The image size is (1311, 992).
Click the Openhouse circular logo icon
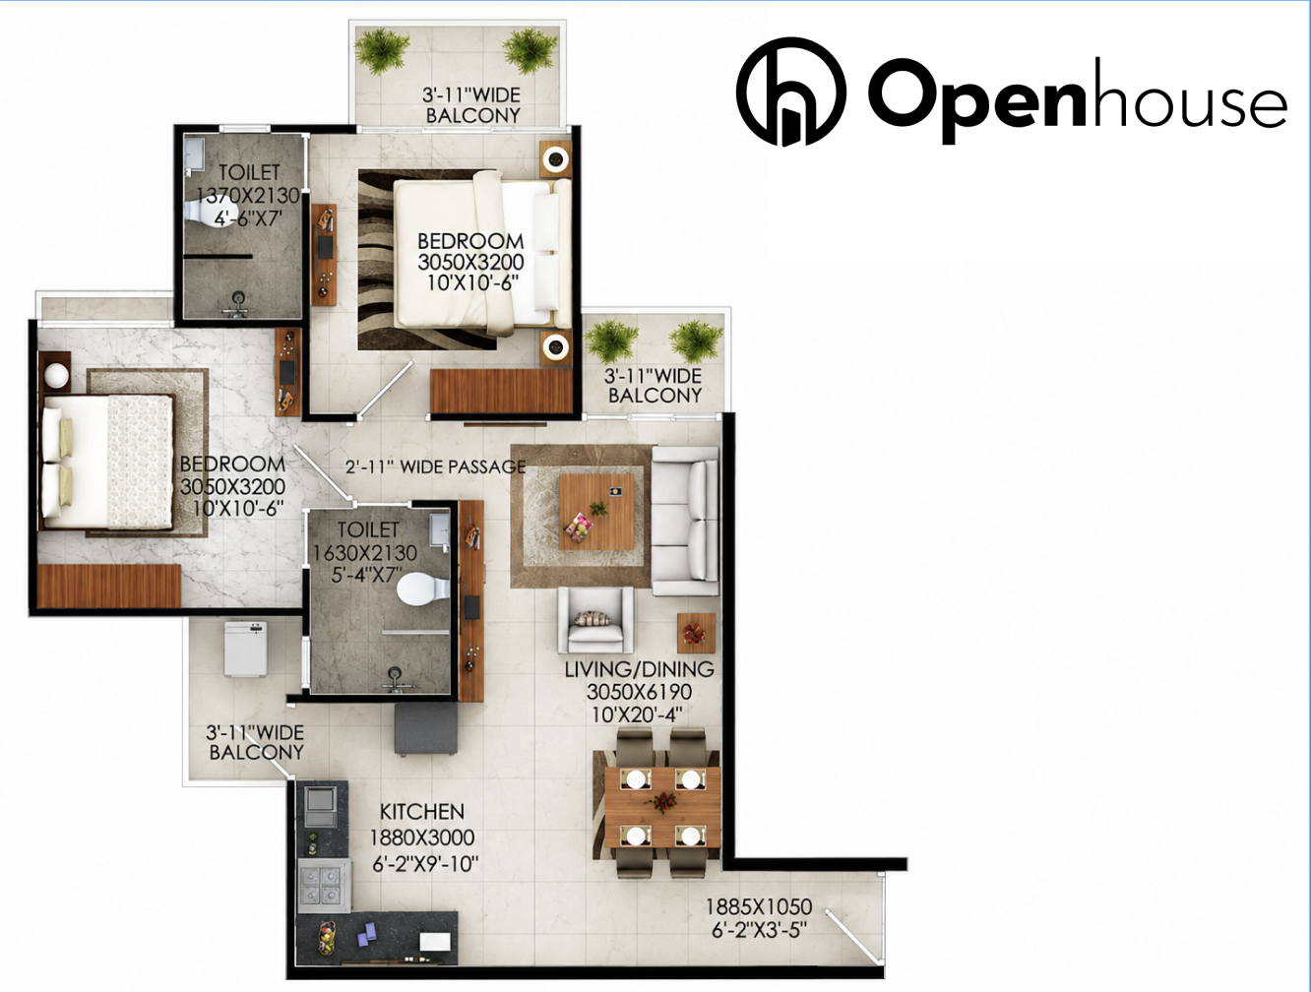click(790, 92)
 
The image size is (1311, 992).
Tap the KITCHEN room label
click(421, 812)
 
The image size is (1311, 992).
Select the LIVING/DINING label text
click(639, 669)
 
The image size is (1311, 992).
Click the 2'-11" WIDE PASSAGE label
click(435, 466)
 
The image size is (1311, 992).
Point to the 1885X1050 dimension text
click(759, 906)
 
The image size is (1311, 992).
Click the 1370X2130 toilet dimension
click(248, 195)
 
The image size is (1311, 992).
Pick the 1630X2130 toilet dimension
click(365, 552)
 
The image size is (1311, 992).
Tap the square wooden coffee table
click(596, 511)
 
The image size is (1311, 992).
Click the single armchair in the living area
click(594, 620)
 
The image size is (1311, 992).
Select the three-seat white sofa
click(684, 521)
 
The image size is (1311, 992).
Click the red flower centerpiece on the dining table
click(662, 802)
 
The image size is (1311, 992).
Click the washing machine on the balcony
click(245, 650)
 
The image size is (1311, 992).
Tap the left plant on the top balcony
click(382, 50)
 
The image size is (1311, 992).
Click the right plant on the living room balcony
click(695, 341)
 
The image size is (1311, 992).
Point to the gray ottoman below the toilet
click(426, 730)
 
